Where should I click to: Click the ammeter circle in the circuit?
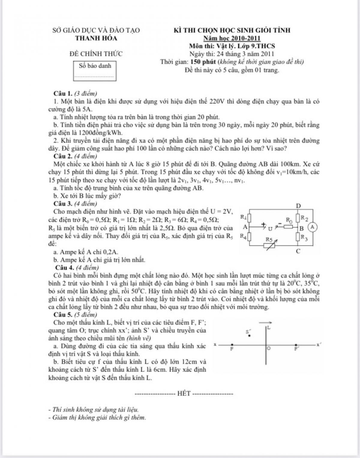312,227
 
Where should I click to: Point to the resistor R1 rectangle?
249,217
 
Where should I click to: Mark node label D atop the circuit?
298,206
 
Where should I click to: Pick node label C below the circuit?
298,251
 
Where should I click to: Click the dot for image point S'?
249,335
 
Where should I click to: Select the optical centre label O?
269,349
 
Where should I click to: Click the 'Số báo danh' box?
95,71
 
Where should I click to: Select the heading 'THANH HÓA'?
96,38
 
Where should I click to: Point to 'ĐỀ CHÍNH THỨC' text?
96,54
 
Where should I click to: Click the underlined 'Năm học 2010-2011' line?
232,38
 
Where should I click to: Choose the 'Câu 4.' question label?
65,267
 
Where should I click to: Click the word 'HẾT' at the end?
184,393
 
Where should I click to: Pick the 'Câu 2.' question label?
63,156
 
